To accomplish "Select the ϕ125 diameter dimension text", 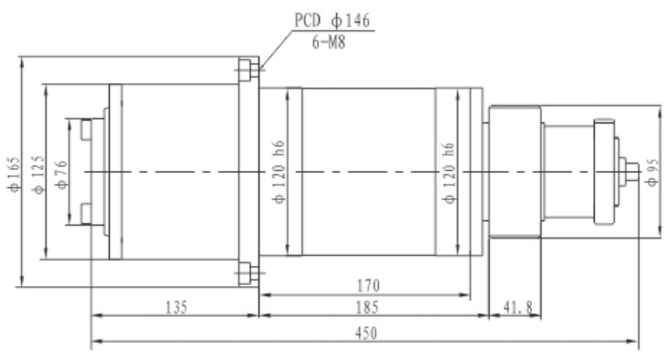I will click(37, 172).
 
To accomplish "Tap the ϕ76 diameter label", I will click(60, 172).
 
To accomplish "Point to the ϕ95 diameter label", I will click(651, 172).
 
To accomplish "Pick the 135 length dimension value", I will click(174, 308).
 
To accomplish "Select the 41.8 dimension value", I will click(517, 308).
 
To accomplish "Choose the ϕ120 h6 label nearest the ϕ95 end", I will click(448, 172).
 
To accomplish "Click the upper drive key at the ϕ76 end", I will click(86, 130).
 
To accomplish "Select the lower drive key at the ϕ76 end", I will click(86, 213).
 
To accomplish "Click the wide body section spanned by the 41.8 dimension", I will click(515, 172).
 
